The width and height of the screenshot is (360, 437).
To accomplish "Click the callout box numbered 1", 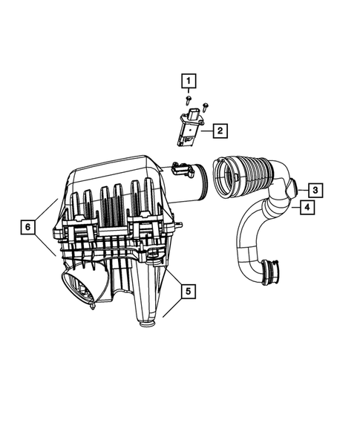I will (x=189, y=80).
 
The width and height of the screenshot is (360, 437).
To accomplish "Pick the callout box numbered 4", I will (x=305, y=208).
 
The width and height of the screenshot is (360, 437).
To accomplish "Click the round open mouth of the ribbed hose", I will (x=224, y=181).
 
